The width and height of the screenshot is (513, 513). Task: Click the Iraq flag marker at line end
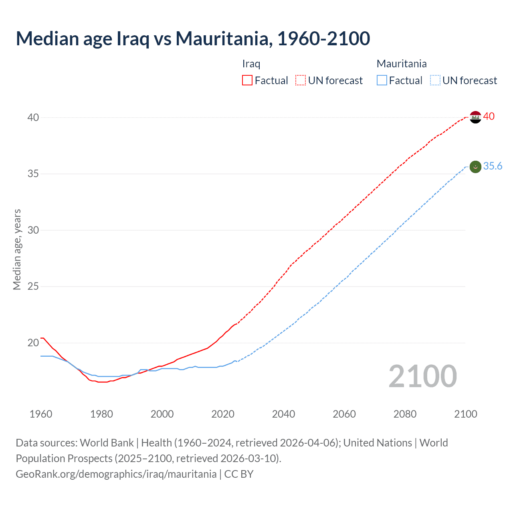pos(475,117)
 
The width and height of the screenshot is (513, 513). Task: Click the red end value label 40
pos(489,116)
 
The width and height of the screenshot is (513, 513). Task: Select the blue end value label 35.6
pos(493,166)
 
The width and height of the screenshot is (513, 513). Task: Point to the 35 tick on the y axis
pos(33,174)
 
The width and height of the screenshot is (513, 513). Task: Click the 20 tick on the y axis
pos(33,343)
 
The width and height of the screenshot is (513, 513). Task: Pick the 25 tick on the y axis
pos(33,287)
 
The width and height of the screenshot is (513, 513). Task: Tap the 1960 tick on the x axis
pos(41,414)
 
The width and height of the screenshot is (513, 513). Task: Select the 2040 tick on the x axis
pos(283,414)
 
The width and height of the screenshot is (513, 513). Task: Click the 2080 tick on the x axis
pos(405,414)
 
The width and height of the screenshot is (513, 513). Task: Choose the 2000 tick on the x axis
pos(162,414)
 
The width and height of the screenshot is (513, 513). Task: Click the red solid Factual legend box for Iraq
pos(247,81)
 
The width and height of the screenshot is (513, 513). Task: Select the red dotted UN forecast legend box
pos(301,81)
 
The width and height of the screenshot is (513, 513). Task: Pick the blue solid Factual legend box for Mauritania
pos(382,81)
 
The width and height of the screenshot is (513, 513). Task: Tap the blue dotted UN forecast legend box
pos(435,81)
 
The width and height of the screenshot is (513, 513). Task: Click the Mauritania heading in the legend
pos(402,64)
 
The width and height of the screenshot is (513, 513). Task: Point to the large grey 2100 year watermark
pos(422,376)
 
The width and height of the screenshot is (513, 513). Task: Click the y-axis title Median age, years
pos(17,249)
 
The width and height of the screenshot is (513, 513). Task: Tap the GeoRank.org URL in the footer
pos(116,474)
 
